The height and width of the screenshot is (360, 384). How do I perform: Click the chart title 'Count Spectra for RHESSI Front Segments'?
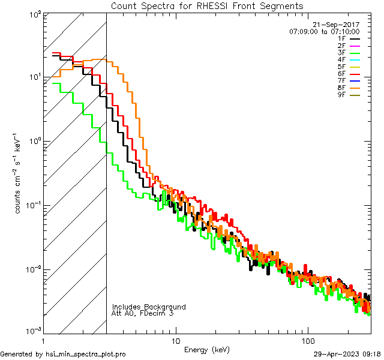[207, 5]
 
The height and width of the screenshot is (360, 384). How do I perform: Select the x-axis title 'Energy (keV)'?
[207, 349]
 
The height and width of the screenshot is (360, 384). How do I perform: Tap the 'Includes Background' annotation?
[149, 307]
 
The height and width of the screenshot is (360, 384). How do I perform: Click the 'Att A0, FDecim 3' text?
[143, 313]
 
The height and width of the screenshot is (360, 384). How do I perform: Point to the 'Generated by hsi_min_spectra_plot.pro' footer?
[63, 354]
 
